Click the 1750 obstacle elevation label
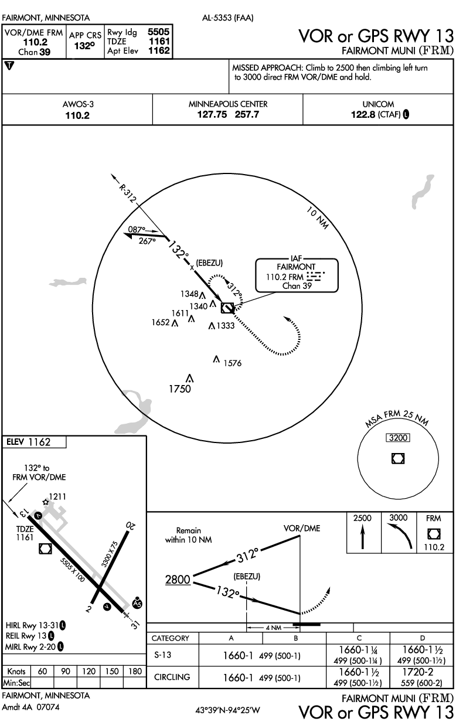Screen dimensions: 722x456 click(180, 390)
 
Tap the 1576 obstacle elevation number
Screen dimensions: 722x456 click(232, 363)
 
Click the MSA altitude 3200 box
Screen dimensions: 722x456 click(397, 438)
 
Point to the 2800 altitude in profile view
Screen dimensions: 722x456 click(178, 580)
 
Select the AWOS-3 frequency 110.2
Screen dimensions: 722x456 click(77, 115)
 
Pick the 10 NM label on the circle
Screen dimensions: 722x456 click(318, 220)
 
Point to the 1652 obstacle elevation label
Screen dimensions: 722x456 click(160, 323)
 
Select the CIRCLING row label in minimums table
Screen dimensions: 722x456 click(173, 677)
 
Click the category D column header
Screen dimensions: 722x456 click(423, 638)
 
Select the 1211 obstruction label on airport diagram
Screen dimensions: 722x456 click(57, 497)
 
